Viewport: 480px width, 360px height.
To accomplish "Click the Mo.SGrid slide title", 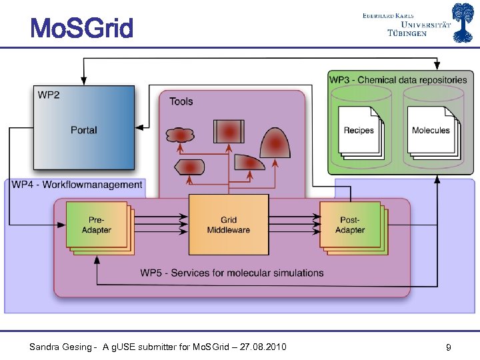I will click(x=81, y=28).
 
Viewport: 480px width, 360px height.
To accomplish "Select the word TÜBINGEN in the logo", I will click(x=407, y=33).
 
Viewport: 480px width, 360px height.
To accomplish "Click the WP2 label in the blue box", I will click(x=48, y=95).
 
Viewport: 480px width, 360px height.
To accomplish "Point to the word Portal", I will click(x=84, y=130).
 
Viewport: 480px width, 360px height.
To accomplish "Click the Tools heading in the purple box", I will click(x=181, y=101).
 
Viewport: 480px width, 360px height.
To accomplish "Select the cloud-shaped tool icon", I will click(x=181, y=135).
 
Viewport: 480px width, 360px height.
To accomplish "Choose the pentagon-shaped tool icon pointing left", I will click(x=189, y=167).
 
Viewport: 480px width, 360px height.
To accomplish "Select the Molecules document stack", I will click(x=431, y=131).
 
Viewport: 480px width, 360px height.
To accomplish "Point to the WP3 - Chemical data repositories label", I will click(x=398, y=80).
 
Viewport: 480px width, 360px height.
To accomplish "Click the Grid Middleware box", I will click(x=228, y=225).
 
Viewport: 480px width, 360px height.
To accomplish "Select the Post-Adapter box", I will click(x=350, y=225).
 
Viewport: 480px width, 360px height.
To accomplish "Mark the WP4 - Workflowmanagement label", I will click(x=77, y=185).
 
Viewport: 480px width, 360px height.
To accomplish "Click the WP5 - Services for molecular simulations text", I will click(x=232, y=273).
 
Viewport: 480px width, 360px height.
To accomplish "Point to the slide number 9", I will click(x=449, y=347).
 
